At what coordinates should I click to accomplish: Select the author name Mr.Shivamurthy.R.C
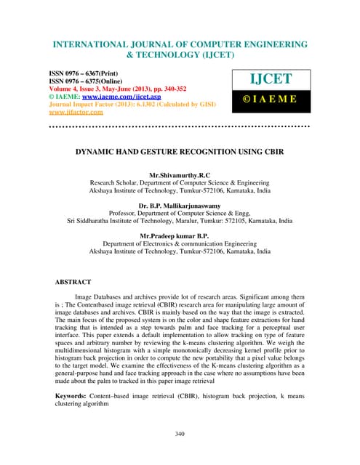180,176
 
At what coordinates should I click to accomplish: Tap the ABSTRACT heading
73,280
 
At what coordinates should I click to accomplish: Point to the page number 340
180,434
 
